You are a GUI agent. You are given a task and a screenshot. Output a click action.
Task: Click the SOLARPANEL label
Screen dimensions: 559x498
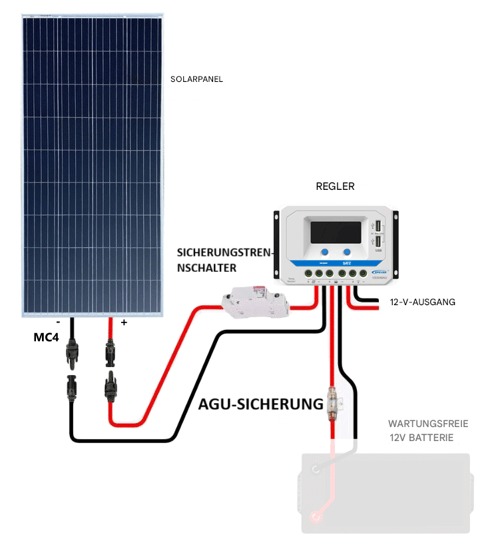tap(196, 79)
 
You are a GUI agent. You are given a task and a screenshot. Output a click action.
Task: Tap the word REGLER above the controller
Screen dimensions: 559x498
tap(335, 187)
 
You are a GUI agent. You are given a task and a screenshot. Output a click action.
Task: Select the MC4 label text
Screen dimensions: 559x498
tap(46, 338)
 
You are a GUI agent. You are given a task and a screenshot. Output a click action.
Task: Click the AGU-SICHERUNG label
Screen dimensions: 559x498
tap(261, 404)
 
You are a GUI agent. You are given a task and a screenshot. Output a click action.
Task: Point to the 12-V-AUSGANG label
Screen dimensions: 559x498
tap(422, 302)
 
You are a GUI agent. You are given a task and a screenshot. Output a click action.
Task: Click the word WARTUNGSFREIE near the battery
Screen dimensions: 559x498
tap(428, 424)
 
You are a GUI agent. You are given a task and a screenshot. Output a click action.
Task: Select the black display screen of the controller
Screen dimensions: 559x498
tap(336, 231)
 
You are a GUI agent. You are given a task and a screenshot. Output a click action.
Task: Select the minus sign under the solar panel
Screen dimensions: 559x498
tap(59, 322)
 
